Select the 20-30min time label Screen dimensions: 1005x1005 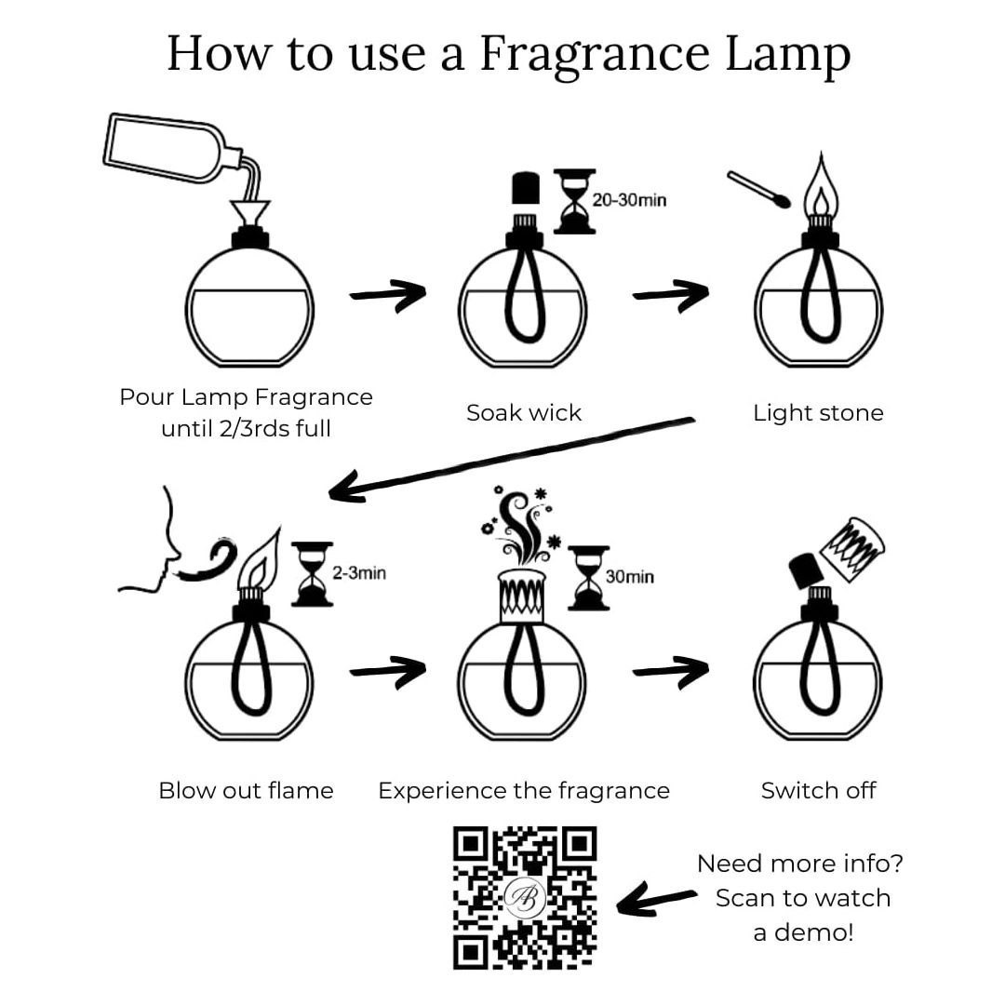pos(629,200)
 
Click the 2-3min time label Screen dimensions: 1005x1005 pos(359,572)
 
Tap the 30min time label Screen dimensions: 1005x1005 pos(629,577)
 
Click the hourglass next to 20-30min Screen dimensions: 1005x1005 pos(574,201)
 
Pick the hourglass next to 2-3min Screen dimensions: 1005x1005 pos(312,573)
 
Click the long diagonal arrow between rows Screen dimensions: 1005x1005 pos(511,458)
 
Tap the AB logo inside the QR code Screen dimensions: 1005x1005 pos(525,897)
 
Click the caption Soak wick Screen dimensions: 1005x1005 pos(524,413)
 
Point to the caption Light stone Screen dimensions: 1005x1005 pos(818,413)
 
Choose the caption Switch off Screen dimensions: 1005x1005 pos(818,790)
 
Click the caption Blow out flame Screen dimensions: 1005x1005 pos(246,790)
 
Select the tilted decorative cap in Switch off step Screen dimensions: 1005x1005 pos(852,549)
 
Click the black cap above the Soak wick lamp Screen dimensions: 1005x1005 pos(526,188)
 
